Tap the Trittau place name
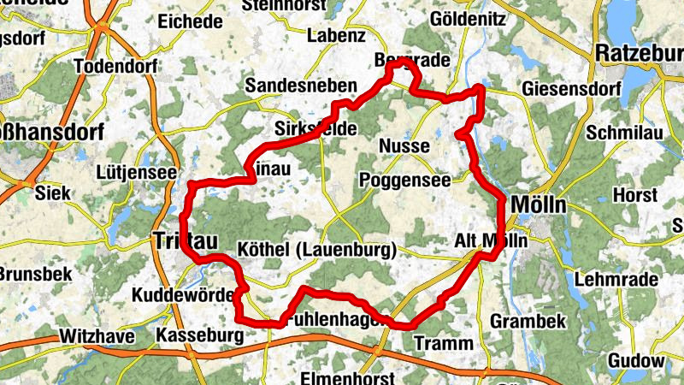182,241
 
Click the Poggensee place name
405,181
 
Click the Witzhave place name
97,337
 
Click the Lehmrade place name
616,279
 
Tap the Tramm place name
442,343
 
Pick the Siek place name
53,192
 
